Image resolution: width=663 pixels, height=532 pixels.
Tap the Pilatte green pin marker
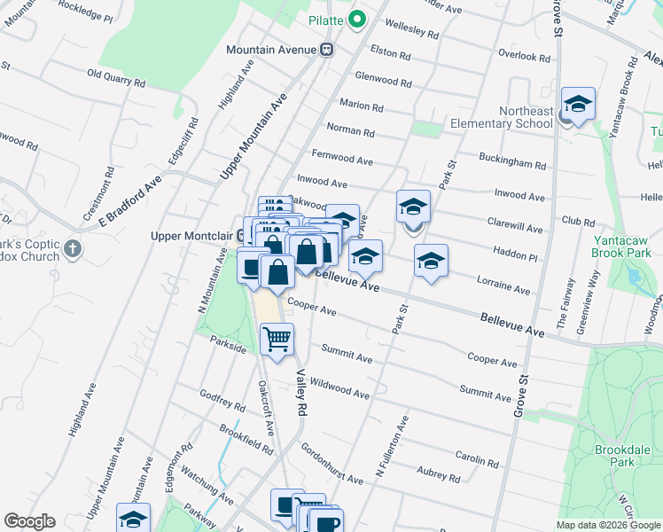[357, 20]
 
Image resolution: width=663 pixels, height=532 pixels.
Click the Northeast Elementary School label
[500, 117]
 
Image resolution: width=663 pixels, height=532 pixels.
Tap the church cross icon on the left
[73, 249]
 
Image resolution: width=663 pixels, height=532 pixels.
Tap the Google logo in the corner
[29, 521]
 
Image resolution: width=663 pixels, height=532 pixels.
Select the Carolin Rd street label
[479, 459]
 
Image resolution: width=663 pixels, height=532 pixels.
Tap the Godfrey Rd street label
[222, 401]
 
